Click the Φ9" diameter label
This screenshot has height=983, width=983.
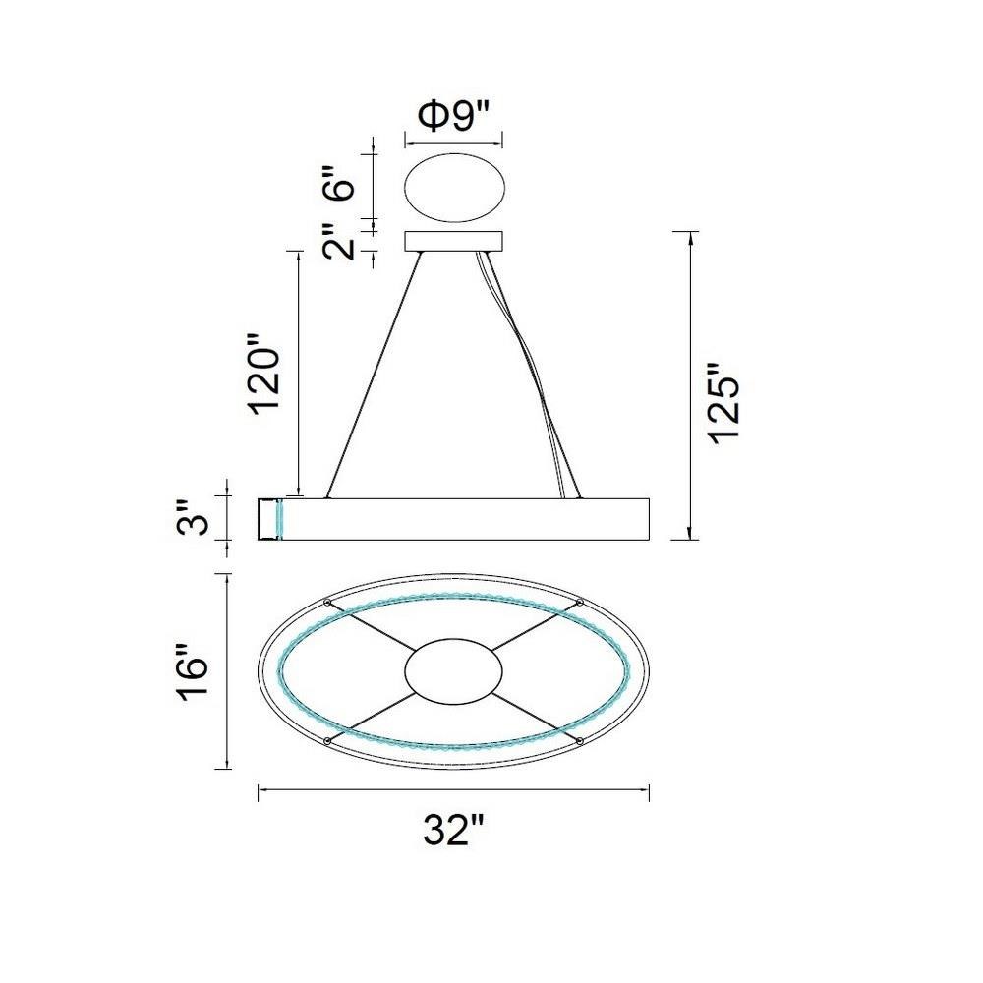(x=453, y=117)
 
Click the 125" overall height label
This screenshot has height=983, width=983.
(x=724, y=404)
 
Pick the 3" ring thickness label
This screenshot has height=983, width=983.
(x=193, y=517)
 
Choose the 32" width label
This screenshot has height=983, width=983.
(x=454, y=831)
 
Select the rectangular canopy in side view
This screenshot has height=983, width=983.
(x=454, y=242)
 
